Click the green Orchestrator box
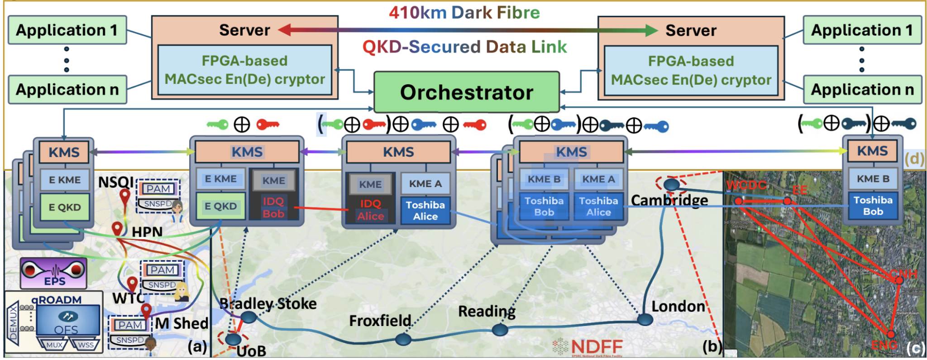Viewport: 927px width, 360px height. [x=466, y=92]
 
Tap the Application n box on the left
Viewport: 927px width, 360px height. [x=67, y=90]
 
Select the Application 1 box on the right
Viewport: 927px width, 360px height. [x=862, y=30]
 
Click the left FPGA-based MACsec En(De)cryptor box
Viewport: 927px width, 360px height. [x=244, y=70]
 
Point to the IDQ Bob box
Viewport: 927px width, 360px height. [x=273, y=207]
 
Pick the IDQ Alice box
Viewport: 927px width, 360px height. [x=370, y=210]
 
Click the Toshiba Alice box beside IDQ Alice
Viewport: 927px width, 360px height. [x=425, y=211]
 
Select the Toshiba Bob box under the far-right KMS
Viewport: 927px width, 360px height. [x=872, y=206]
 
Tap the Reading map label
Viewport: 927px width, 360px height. [x=487, y=311]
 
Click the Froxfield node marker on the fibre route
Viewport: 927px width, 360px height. [x=402, y=339]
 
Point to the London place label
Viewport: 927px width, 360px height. [x=678, y=307]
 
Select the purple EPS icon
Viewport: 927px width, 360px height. [x=53, y=273]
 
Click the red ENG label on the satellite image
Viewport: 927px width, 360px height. [x=884, y=346]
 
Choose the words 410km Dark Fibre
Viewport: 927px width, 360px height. [x=464, y=13]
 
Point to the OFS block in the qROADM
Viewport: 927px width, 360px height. [x=67, y=322]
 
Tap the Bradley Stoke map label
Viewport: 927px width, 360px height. [x=268, y=303]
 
